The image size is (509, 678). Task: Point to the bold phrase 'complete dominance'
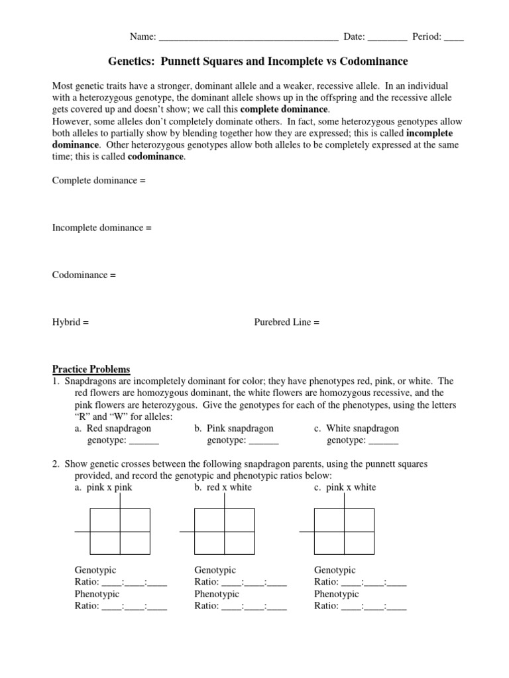coord(284,109)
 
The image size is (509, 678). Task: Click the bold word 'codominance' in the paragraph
coord(156,157)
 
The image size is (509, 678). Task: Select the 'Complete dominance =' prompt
coord(99,180)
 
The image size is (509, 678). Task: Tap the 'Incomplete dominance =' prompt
coord(102,228)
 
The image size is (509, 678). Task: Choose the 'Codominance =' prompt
coord(84,275)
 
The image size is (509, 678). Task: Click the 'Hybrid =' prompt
coord(70,322)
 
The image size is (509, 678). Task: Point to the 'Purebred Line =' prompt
coord(287,322)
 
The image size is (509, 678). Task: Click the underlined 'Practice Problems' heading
coord(91,369)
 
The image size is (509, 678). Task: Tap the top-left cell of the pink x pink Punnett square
coord(105,520)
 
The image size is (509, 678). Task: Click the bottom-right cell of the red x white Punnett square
coord(239,543)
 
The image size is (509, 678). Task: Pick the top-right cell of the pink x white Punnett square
coord(359,520)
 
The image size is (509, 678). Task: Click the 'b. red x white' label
coord(223,487)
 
